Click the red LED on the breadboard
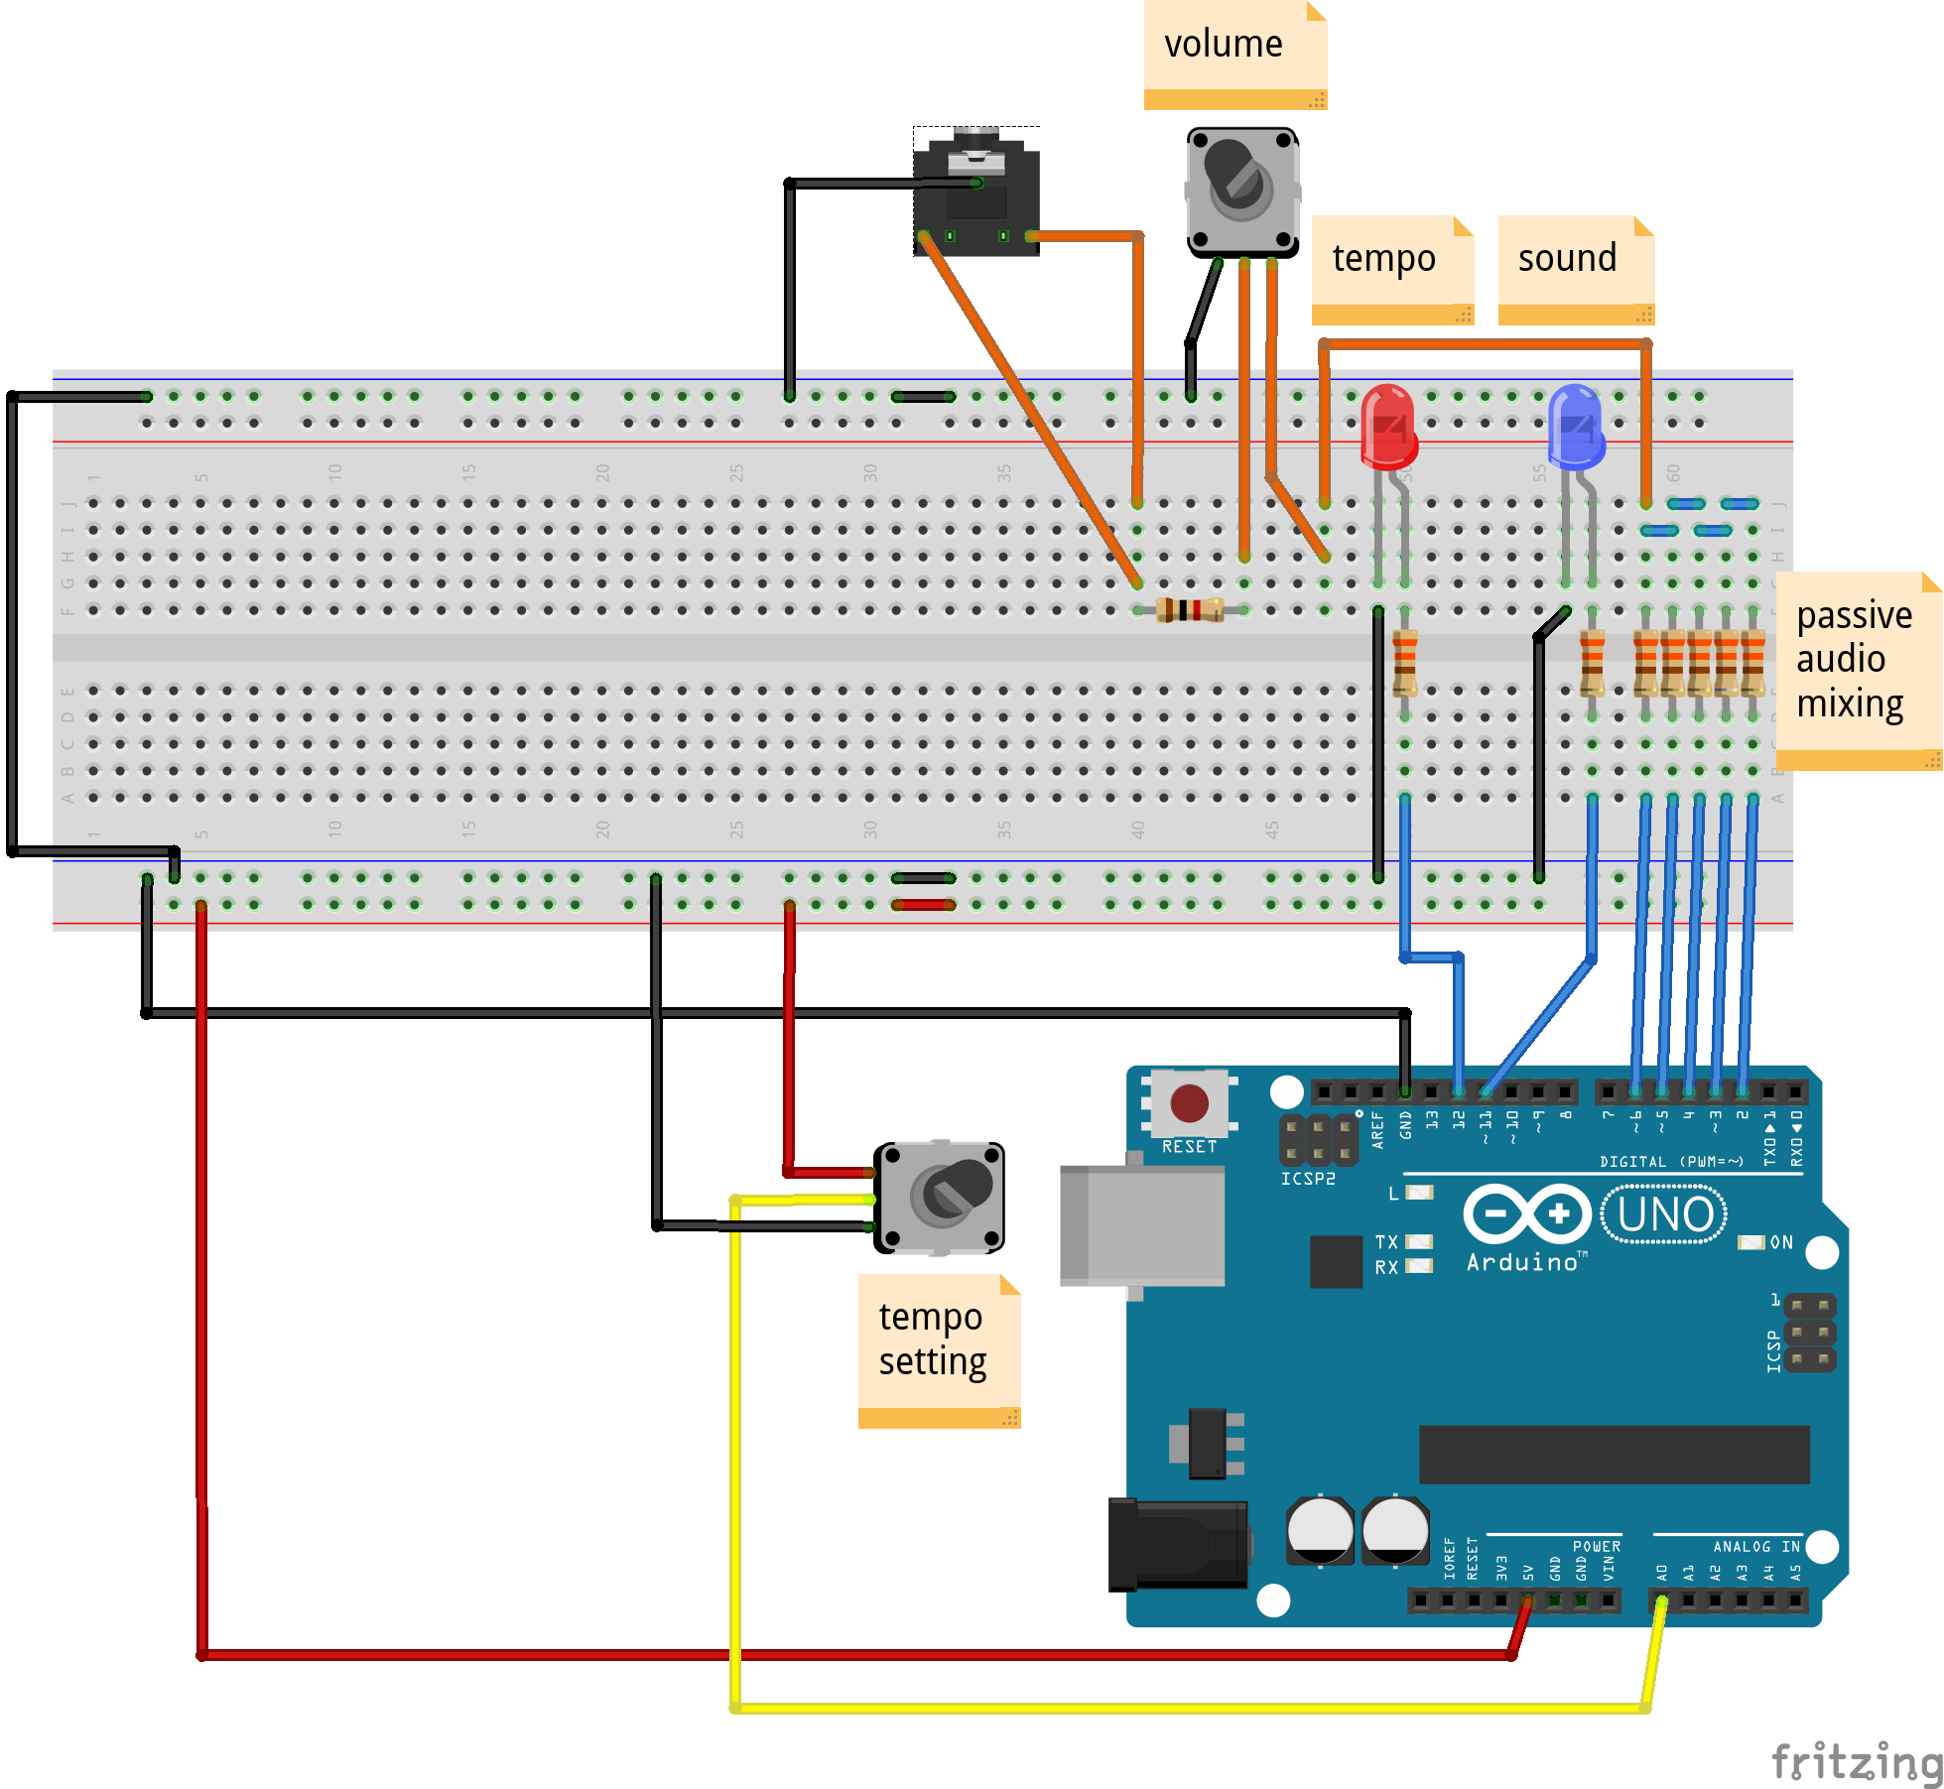tap(1388, 427)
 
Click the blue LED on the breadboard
tap(1576, 427)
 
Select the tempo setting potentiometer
tap(939, 1197)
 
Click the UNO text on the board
tap(1664, 1214)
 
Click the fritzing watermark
tap(1856, 1762)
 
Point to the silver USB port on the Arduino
tap(1141, 1226)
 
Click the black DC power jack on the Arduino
tap(1177, 1544)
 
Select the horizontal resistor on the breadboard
tap(1190, 609)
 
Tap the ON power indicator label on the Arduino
tap(1781, 1242)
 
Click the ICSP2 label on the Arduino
tap(1307, 1179)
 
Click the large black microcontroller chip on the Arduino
tap(1614, 1455)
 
